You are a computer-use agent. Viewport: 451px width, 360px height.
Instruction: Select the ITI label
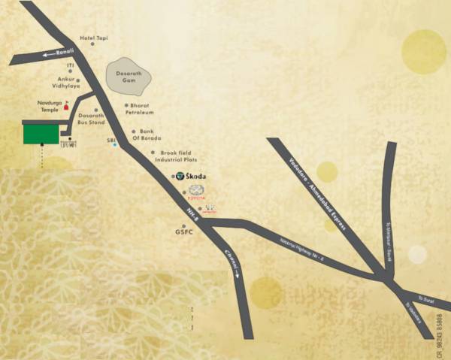click(x=70, y=66)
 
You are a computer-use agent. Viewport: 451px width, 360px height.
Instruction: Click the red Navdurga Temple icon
click(x=66, y=107)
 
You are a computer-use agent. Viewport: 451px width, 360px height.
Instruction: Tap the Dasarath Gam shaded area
click(x=129, y=76)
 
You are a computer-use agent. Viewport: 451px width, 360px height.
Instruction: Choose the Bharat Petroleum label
click(x=142, y=109)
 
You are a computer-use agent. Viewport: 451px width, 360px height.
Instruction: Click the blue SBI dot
click(x=114, y=145)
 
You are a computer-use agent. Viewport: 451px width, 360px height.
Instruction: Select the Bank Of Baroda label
click(x=147, y=135)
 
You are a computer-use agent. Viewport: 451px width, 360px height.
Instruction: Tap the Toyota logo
click(x=196, y=190)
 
